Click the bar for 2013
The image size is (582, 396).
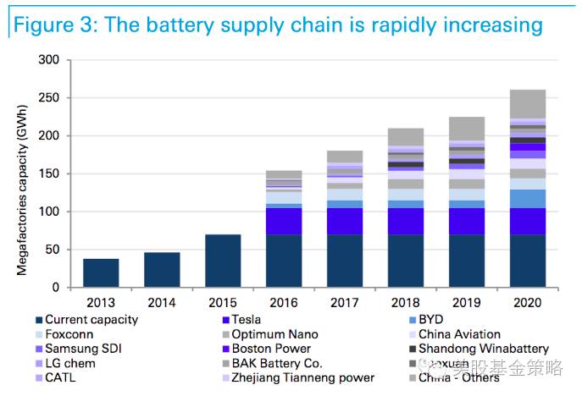(101, 272)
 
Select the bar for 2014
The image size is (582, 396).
(162, 269)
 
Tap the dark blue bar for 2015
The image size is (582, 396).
(223, 261)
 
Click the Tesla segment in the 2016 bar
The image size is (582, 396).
(284, 221)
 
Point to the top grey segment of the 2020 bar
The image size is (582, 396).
(528, 104)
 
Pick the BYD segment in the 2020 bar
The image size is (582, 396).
(528, 198)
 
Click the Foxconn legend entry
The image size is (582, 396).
(70, 334)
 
